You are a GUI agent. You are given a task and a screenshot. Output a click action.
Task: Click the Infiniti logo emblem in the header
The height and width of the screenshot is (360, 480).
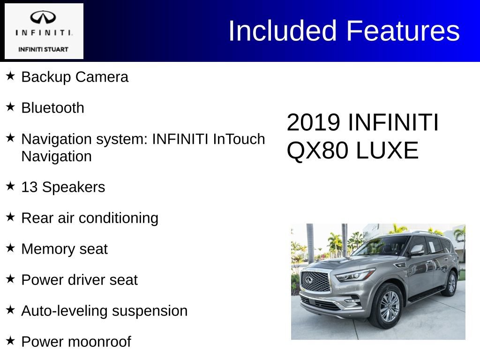click(44, 18)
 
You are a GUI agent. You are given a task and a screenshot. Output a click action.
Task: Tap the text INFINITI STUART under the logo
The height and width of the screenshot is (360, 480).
click(43, 49)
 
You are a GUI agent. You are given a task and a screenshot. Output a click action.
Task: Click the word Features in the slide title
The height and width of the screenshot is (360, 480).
click(403, 31)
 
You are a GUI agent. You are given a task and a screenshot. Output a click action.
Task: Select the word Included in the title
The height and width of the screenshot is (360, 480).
click(283, 31)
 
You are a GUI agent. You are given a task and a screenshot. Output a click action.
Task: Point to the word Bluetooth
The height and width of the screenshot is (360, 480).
click(53, 108)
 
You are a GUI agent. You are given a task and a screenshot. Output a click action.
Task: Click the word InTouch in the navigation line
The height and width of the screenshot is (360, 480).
click(239, 139)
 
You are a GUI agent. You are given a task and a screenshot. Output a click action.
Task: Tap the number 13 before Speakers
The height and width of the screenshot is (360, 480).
click(30, 187)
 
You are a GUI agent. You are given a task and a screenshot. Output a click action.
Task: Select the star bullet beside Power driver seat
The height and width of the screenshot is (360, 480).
click(11, 278)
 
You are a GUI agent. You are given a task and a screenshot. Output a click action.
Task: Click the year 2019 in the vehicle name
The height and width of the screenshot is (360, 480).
click(313, 123)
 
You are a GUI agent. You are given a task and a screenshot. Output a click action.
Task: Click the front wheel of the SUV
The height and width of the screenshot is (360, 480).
click(389, 306)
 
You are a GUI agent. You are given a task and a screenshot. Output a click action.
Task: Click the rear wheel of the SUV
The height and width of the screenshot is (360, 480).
click(451, 283)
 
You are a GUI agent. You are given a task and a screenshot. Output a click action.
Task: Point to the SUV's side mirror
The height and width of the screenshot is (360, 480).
click(416, 250)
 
